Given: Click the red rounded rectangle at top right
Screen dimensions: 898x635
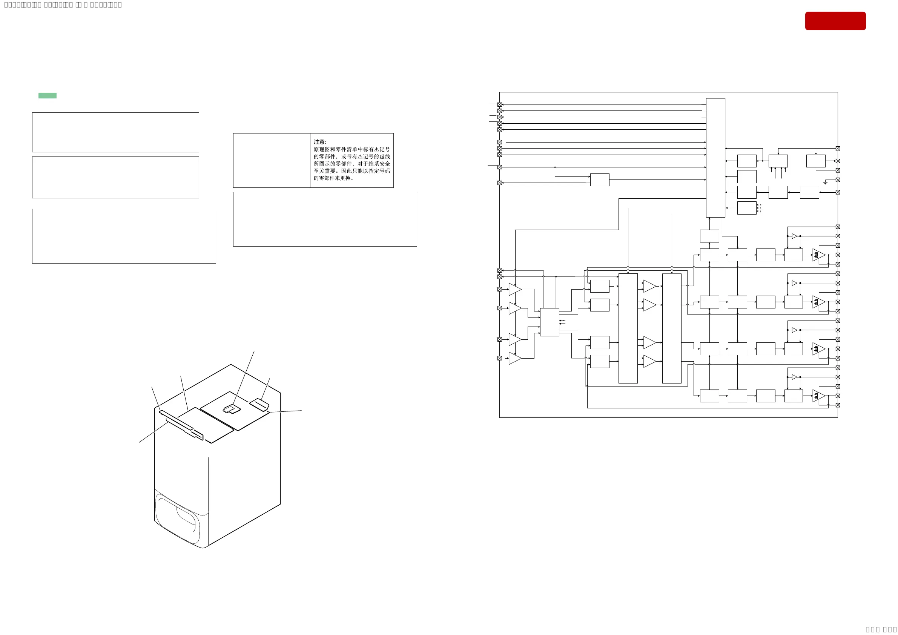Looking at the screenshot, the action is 835,21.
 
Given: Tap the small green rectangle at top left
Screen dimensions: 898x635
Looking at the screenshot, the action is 47,95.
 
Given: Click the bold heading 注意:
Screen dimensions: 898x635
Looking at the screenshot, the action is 319,142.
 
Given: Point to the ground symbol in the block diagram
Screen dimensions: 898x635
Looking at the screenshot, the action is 825,183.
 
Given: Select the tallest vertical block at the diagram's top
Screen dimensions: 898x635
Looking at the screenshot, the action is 715,158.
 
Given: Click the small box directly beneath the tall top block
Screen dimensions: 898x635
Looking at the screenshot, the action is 709,236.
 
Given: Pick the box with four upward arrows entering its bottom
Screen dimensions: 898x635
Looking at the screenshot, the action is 778,161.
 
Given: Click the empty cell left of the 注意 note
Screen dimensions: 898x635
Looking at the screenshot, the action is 272,160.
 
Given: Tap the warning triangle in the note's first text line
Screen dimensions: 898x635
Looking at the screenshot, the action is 376,149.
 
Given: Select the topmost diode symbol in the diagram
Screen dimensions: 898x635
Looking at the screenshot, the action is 794,236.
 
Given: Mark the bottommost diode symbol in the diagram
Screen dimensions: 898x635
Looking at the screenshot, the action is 794,377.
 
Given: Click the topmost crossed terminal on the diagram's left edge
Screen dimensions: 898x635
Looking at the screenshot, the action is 499,104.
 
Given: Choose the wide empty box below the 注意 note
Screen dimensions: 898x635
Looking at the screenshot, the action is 325,219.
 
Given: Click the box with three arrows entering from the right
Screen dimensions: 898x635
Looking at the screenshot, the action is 747,208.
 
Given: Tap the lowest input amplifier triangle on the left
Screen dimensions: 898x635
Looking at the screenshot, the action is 515,358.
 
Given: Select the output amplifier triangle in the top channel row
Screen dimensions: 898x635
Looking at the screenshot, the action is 818,255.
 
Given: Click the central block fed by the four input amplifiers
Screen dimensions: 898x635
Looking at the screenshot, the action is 549,322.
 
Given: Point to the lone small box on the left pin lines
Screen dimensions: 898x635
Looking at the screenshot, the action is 600,179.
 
